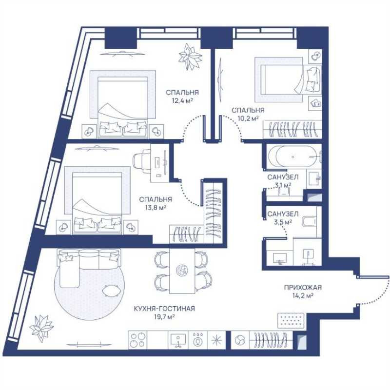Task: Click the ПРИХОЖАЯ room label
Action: [303, 288]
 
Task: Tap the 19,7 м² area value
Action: [164, 317]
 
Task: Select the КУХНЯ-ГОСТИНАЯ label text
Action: [164, 309]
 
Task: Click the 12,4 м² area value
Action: [182, 101]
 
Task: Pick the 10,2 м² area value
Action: [248, 118]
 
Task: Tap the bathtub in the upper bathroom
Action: [293, 156]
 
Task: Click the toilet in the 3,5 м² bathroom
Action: [309, 221]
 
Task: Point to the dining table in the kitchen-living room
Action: [182, 271]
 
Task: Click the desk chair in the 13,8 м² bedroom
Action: [141, 163]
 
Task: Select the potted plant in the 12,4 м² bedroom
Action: [190, 57]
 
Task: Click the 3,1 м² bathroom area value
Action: [283, 185]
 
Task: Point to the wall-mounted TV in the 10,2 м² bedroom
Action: [220, 80]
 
